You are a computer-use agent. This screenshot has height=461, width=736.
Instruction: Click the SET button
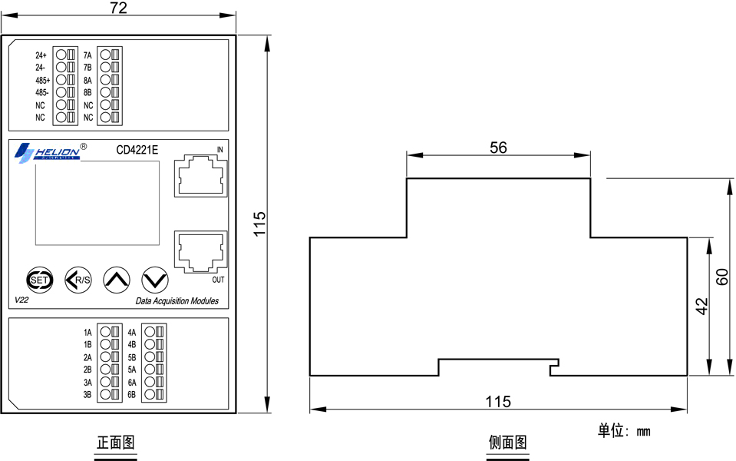(x=39, y=280)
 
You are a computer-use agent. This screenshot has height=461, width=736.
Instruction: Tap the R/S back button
(x=78, y=280)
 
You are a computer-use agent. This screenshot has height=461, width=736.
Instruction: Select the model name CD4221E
(x=137, y=150)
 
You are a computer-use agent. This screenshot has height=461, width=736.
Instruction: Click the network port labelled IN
(x=200, y=177)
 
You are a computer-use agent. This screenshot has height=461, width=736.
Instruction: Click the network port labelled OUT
(x=200, y=251)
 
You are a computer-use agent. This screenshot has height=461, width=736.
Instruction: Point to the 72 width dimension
(x=118, y=8)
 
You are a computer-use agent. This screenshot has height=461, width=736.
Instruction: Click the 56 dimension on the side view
(x=498, y=148)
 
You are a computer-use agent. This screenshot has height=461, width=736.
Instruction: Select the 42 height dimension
(x=701, y=307)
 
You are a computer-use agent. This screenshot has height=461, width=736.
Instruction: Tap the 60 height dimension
(x=722, y=277)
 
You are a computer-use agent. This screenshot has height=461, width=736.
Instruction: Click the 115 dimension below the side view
(x=498, y=402)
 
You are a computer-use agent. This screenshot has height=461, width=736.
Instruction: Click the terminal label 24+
(x=41, y=55)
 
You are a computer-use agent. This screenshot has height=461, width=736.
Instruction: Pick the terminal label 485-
(x=41, y=92)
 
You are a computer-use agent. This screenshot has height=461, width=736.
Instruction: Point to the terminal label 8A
(x=87, y=81)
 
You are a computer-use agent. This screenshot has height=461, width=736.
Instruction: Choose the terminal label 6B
(x=131, y=395)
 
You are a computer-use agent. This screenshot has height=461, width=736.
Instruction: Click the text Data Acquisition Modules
(x=177, y=300)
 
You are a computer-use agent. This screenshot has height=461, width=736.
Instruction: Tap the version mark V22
(x=21, y=300)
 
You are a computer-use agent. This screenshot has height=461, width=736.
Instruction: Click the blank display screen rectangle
(x=97, y=203)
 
